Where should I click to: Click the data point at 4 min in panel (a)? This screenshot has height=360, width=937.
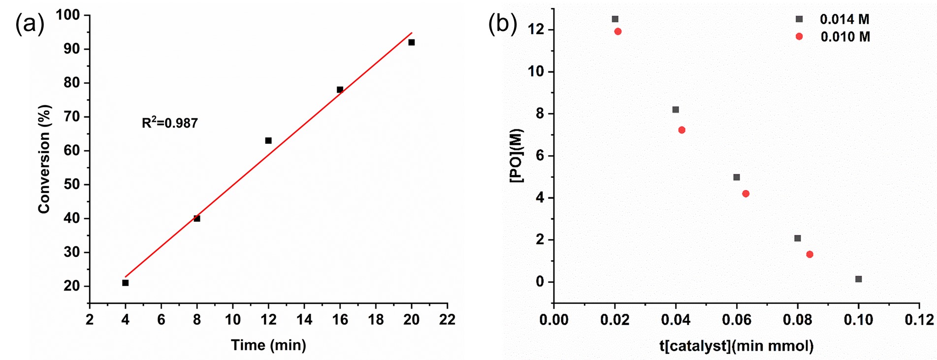click(126, 283)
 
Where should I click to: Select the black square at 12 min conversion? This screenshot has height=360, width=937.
click(268, 140)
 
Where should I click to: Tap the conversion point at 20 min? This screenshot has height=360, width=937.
click(412, 42)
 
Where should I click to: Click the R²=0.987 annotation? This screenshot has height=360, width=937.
click(170, 123)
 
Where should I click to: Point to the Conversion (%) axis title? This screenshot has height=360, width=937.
click(44, 159)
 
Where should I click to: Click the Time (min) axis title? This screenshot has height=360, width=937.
click(268, 345)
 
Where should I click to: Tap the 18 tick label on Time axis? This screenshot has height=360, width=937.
click(376, 320)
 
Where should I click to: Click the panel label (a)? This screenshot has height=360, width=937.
click(30, 24)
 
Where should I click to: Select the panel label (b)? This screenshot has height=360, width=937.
click(503, 24)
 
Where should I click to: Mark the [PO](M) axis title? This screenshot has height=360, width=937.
click(517, 156)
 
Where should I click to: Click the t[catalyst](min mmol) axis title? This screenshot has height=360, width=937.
click(736, 346)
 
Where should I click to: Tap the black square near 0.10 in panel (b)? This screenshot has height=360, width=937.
click(859, 279)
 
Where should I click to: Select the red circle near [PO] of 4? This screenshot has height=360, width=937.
click(746, 194)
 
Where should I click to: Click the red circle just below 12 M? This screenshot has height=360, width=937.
click(618, 32)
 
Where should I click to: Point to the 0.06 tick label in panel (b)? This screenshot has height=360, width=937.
click(736, 320)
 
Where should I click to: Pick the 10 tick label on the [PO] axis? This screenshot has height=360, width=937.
click(537, 72)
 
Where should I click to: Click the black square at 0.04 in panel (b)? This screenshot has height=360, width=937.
click(676, 110)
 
